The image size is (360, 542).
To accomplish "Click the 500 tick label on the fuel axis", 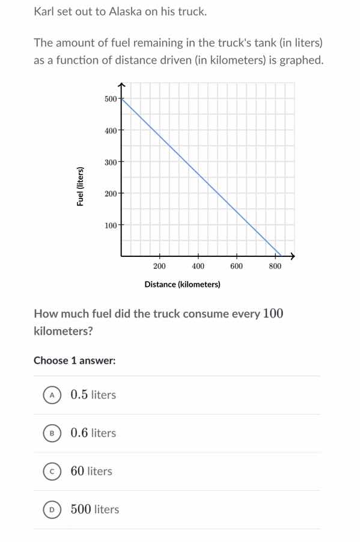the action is [x=110, y=99].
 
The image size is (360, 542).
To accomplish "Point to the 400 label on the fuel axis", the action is [x=110, y=130].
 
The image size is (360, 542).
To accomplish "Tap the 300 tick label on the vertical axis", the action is [x=110, y=162].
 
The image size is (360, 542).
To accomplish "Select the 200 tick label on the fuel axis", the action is [x=110, y=194].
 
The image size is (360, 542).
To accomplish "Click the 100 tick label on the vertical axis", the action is [x=110, y=226].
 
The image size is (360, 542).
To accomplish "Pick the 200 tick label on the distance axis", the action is [x=159, y=266].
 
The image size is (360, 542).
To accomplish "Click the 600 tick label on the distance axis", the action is [x=236, y=266].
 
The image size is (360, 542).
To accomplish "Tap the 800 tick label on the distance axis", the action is [x=275, y=266].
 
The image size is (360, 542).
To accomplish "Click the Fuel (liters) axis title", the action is [x=79, y=186].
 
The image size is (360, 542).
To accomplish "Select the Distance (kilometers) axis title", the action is [x=182, y=284].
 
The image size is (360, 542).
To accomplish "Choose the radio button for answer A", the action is [x=52, y=395].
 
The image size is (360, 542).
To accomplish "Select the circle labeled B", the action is [x=52, y=433].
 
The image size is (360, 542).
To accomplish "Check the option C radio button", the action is [x=52, y=472].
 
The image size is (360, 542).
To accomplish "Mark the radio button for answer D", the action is [x=52, y=510].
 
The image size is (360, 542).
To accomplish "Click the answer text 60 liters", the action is [x=91, y=471].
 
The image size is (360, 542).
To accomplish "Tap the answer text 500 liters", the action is [x=95, y=510].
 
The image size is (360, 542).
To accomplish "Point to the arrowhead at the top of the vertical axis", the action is [x=121, y=85].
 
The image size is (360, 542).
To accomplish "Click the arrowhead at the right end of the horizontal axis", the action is [x=293, y=256].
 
